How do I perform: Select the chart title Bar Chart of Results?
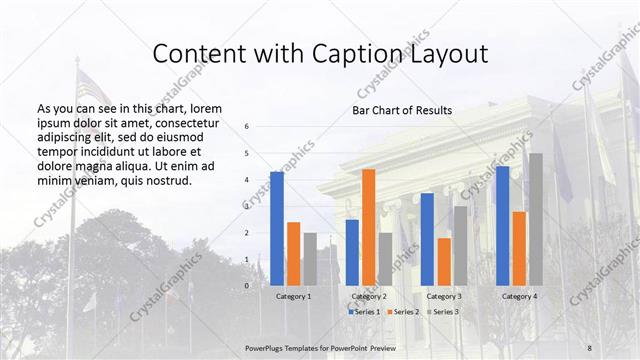401,110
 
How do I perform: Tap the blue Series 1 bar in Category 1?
276,228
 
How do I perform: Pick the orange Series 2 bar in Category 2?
368,227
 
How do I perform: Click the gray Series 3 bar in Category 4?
535,219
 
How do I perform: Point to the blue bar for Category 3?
427,239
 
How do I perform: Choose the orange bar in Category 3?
443,261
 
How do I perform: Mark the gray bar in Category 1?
310,259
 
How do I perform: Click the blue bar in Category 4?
502,225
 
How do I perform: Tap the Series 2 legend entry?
402,312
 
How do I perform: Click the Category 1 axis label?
293,297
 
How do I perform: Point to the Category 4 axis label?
518,297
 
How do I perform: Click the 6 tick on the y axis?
247,127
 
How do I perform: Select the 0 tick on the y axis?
247,286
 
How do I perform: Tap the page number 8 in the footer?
589,347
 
